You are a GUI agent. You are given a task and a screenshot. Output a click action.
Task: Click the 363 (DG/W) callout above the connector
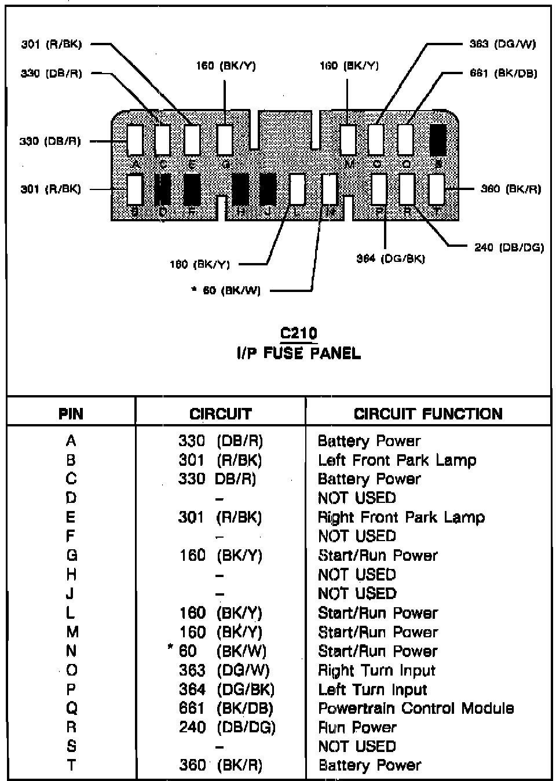[502, 44]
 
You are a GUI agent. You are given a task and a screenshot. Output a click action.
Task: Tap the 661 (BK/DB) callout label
[503, 74]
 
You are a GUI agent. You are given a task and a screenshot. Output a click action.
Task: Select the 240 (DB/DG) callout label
[509, 247]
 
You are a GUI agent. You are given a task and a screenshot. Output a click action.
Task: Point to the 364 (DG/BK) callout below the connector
[390, 258]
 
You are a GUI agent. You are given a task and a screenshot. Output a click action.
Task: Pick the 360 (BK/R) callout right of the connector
[510, 189]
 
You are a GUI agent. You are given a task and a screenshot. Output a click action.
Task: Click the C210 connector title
[298, 333]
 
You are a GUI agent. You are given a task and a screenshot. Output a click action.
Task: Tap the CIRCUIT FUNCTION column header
[428, 414]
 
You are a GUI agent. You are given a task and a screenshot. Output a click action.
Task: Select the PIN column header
[71, 414]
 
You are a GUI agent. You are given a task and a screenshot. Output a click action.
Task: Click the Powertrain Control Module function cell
[416, 708]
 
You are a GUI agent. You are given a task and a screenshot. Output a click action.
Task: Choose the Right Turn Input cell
[376, 670]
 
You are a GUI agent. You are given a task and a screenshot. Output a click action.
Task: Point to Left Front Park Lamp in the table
[397, 460]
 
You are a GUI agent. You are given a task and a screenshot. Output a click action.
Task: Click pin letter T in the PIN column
[71, 765]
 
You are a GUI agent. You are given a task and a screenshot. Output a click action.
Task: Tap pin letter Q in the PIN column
[71, 708]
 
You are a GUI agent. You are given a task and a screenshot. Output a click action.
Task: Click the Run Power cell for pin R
[357, 727]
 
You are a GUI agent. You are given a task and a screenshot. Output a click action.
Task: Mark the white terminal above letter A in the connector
[134, 140]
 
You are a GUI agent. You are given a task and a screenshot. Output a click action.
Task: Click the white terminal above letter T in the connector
[437, 189]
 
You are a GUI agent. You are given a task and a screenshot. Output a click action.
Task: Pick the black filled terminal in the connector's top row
[437, 140]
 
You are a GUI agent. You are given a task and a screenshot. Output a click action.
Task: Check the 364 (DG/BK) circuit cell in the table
[226, 689]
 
